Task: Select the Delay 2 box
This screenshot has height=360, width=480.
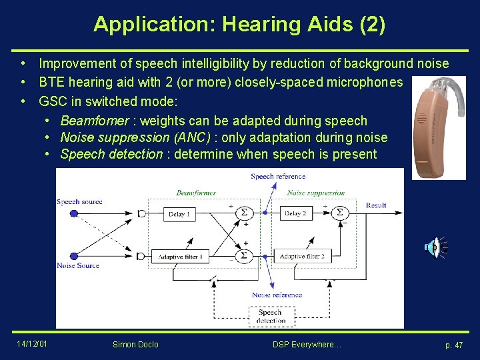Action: [296, 213]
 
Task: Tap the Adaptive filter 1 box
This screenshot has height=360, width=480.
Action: [181, 257]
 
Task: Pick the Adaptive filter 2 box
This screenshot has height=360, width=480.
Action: [302, 257]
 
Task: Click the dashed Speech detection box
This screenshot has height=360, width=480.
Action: [270, 316]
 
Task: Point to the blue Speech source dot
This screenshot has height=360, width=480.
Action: [73, 213]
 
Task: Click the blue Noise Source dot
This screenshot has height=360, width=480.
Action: [73, 256]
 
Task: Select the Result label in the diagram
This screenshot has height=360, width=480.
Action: [376, 205]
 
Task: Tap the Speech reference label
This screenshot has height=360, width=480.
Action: [278, 176]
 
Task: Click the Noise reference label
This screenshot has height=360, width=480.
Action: [277, 295]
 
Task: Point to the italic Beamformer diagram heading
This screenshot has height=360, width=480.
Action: [196, 193]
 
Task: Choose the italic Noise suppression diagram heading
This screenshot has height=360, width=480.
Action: [316, 193]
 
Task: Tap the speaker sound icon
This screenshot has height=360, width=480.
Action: [433, 247]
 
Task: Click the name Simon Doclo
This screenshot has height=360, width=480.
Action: [136, 344]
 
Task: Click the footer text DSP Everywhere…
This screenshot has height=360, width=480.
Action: [307, 344]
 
